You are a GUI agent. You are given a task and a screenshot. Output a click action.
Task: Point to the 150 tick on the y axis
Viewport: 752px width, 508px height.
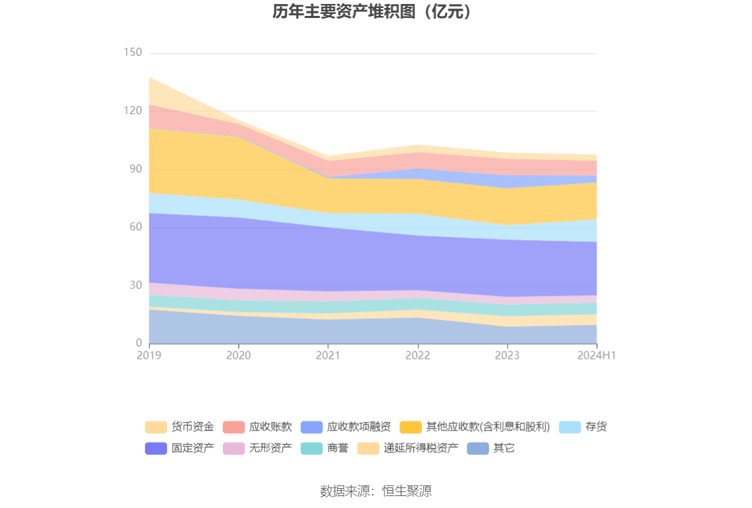[x=133, y=52]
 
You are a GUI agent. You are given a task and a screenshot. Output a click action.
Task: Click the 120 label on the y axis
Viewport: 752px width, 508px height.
[x=133, y=111]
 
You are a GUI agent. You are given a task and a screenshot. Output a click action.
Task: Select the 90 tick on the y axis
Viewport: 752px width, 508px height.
[x=135, y=169]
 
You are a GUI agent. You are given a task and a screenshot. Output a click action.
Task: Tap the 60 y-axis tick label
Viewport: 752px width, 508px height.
[x=135, y=227]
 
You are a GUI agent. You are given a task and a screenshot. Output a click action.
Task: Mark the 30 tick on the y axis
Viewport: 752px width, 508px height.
[x=135, y=285]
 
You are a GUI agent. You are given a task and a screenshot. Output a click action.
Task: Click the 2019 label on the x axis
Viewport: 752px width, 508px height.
[x=149, y=355]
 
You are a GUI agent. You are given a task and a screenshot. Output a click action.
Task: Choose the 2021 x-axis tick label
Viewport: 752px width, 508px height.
[x=328, y=355]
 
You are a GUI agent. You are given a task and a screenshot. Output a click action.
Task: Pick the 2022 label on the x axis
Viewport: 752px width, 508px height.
[x=418, y=355]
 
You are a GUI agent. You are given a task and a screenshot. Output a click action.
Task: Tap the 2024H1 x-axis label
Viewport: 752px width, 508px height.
[x=596, y=355]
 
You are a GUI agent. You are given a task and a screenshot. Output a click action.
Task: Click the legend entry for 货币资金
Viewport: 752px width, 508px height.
[x=180, y=427]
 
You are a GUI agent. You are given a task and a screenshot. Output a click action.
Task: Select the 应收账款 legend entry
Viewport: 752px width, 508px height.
[x=257, y=427]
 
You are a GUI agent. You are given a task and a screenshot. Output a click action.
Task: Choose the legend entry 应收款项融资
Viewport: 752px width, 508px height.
[x=345, y=427]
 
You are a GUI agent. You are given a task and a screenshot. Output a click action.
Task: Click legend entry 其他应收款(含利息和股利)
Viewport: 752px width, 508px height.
[x=474, y=427]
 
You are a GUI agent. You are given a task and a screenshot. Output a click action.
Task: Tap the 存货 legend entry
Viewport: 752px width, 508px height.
[x=583, y=427]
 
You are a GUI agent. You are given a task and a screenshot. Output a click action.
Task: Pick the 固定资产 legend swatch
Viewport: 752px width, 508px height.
[x=156, y=448]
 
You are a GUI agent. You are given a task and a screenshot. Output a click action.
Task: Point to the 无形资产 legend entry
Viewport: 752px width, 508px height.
[x=257, y=448]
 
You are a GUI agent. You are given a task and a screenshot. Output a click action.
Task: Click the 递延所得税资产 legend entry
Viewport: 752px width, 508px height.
[x=408, y=448]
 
